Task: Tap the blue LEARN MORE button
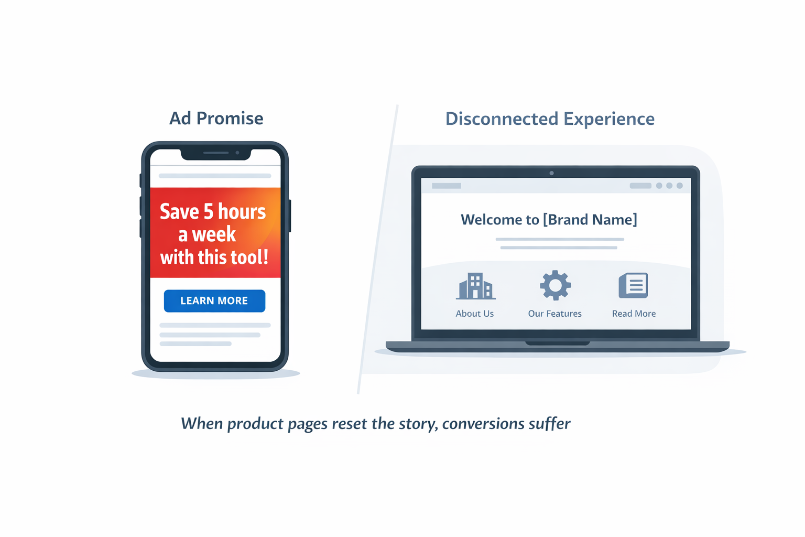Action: (214, 300)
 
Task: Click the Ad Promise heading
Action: (216, 119)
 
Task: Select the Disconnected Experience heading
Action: (550, 119)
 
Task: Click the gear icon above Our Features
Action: (555, 285)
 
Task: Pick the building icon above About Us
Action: (475, 286)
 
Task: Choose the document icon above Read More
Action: (634, 286)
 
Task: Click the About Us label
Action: (475, 314)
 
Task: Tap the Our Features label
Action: (554, 314)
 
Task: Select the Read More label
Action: (634, 314)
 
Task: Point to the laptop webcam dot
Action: (551, 173)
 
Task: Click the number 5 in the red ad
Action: (209, 211)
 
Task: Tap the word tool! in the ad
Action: (248, 257)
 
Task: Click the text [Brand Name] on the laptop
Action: (590, 219)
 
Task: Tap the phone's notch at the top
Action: (215, 153)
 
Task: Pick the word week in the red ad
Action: (214, 234)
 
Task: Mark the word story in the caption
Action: (417, 424)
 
